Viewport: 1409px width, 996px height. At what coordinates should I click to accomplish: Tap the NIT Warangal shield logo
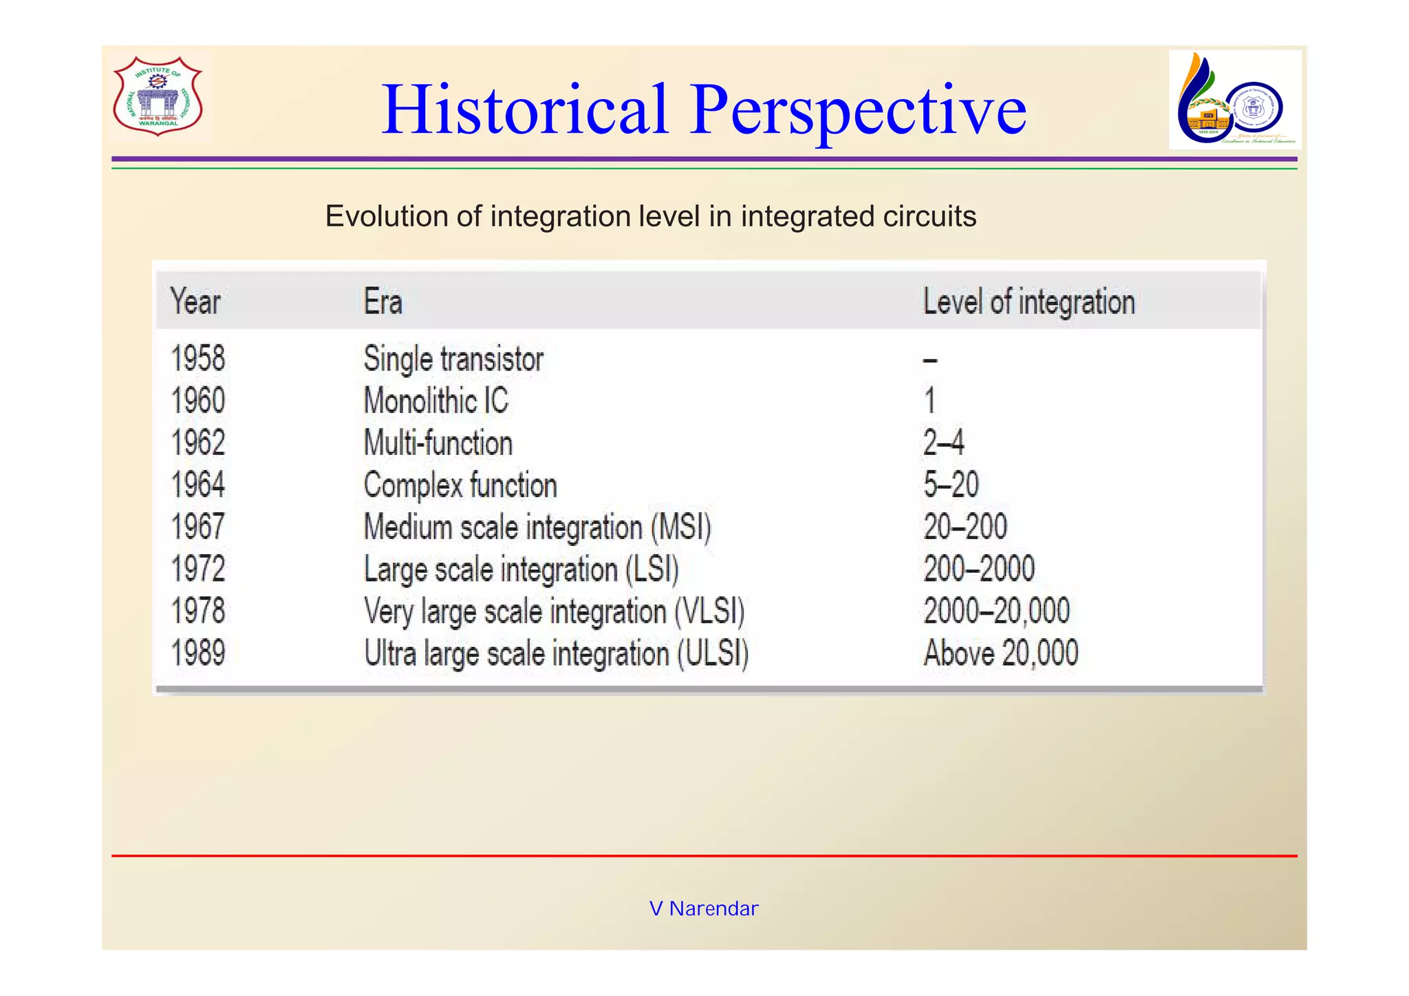pyautogui.click(x=158, y=96)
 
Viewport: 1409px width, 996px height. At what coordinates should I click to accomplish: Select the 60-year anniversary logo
pyautogui.click(x=1234, y=100)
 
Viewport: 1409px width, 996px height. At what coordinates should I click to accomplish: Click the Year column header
pyautogui.click(x=195, y=301)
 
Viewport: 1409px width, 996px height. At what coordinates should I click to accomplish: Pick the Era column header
pyautogui.click(x=383, y=301)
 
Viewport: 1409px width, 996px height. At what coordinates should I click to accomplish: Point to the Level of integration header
pyautogui.click(x=1029, y=301)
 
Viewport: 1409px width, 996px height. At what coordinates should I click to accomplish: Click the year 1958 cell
pyautogui.click(x=198, y=359)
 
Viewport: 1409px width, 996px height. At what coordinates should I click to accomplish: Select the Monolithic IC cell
pyautogui.click(x=435, y=401)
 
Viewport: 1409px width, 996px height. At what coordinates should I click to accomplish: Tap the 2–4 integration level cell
pyautogui.click(x=943, y=443)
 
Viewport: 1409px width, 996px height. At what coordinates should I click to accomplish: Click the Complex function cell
pyautogui.click(x=460, y=485)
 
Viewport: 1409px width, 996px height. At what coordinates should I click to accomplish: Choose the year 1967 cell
pyautogui.click(x=198, y=527)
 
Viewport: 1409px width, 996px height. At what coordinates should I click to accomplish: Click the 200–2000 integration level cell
pyautogui.click(x=978, y=569)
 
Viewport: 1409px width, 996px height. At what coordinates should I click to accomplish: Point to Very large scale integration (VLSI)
pyautogui.click(x=554, y=611)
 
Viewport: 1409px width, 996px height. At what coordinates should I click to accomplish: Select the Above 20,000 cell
pyautogui.click(x=1000, y=653)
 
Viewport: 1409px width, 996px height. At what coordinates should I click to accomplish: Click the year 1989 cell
pyautogui.click(x=198, y=653)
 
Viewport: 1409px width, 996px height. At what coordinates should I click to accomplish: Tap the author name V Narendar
pyautogui.click(x=704, y=909)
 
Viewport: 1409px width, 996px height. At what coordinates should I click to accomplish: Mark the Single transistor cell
pyautogui.click(x=453, y=359)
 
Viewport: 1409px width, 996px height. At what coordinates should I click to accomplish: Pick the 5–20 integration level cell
pyautogui.click(x=951, y=485)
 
